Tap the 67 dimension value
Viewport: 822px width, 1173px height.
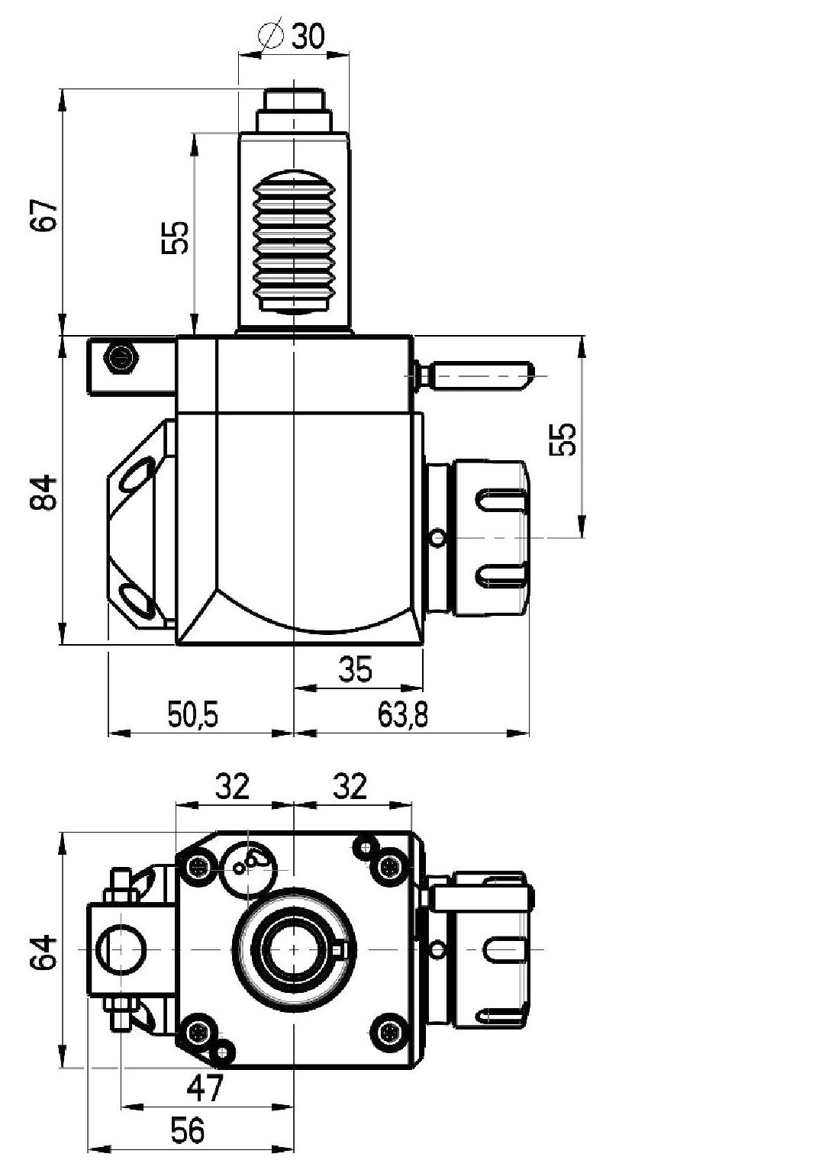click(43, 215)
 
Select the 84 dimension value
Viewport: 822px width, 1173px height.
click(43, 492)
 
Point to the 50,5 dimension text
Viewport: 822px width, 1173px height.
click(192, 714)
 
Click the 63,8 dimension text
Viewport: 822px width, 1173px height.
click(403, 714)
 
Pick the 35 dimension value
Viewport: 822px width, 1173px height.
click(355, 669)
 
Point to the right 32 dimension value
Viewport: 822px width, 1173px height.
click(350, 786)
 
